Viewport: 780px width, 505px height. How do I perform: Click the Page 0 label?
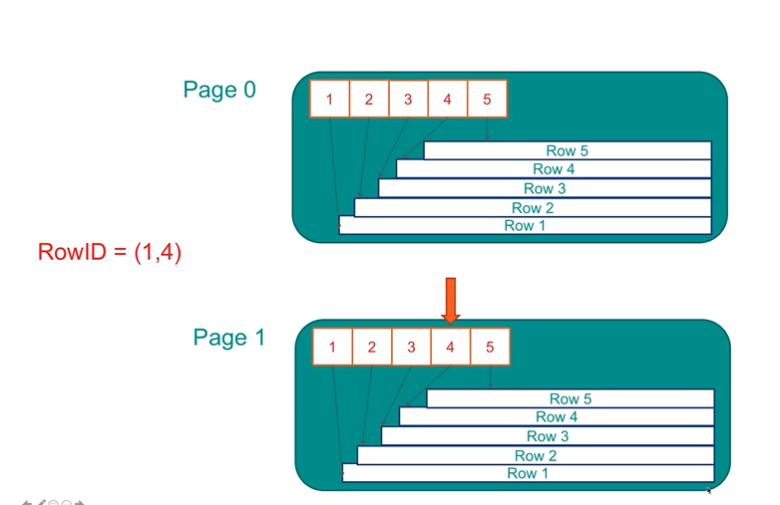click(x=219, y=90)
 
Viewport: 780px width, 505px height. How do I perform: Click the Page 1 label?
click(x=229, y=338)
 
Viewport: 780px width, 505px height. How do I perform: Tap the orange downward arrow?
click(x=451, y=300)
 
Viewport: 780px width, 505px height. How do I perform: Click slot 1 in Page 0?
click(x=329, y=100)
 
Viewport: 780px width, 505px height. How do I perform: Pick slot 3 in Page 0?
click(x=408, y=100)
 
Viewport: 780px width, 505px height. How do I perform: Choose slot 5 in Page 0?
click(x=487, y=100)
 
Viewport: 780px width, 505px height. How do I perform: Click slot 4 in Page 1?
click(x=451, y=348)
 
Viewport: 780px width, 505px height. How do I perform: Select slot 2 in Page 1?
click(x=372, y=348)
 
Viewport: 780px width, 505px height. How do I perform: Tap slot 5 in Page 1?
click(x=490, y=348)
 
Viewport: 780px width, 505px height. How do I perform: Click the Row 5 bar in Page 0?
click(x=567, y=150)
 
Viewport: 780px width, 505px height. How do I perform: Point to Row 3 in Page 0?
click(x=545, y=188)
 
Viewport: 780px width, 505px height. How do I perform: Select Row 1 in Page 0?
click(x=525, y=226)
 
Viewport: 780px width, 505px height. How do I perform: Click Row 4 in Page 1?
click(x=557, y=416)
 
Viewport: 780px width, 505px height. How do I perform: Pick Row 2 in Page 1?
click(x=536, y=455)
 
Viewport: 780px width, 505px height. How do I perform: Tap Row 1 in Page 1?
click(x=528, y=473)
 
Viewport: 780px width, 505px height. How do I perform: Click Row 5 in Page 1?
click(x=570, y=398)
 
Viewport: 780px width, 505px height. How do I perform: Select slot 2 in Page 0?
click(x=369, y=100)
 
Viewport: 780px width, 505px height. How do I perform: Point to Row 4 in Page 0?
click(x=554, y=169)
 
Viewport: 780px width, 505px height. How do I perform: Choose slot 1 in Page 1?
click(x=332, y=348)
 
